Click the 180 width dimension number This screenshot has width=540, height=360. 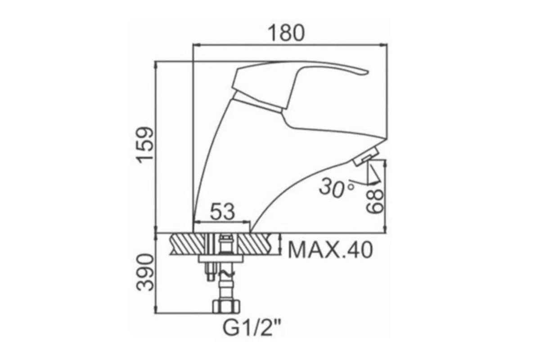pos(286,33)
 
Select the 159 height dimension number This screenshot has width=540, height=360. pos(144,145)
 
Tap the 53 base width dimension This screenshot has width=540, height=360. pos(222,211)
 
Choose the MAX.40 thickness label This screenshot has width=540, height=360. pos(330,250)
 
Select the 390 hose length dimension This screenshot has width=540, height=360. pos(144,272)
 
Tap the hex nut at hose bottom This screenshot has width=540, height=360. pos(226,307)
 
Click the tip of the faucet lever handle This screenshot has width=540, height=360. pos(367,72)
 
